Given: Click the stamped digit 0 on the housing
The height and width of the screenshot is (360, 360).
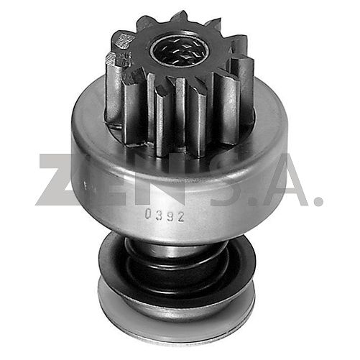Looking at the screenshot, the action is point(149,213).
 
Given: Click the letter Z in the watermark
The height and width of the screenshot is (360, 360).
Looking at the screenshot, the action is point(60,180).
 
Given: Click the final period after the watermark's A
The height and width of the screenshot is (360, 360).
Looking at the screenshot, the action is point(318,200).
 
